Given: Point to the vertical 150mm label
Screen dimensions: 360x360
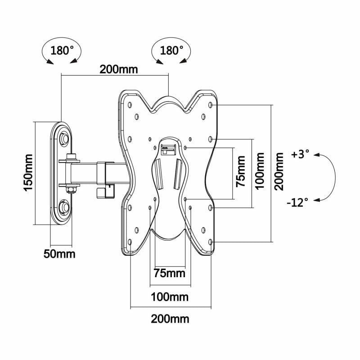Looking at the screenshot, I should pos(28,173).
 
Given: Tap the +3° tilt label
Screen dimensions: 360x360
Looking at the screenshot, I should pos(300,154).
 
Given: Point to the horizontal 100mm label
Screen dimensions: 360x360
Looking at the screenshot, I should pos(169,297).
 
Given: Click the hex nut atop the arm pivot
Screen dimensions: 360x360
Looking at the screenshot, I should pos(71,157).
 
